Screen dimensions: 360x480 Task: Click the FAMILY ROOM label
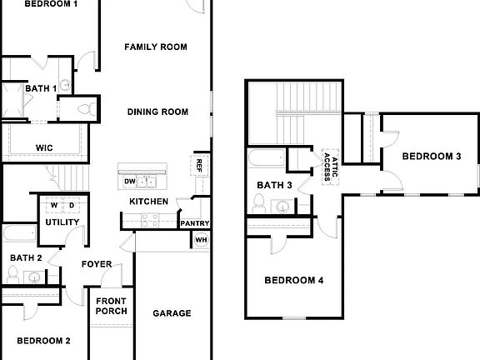[156, 47]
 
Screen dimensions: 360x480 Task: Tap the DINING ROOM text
[157, 112]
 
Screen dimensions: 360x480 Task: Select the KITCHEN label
[148, 202]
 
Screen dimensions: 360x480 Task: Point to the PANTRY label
[194, 223]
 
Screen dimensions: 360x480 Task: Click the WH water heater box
[201, 240]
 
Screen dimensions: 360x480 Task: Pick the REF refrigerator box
[200, 165]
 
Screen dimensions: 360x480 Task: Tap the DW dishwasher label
[129, 182]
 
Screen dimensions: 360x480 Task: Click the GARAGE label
[172, 313]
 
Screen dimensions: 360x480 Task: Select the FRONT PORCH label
[112, 306]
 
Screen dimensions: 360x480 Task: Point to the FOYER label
[97, 264]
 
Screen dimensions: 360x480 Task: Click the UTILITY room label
[62, 222]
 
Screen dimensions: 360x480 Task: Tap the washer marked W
[54, 205]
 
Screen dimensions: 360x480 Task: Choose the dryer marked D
[71, 205]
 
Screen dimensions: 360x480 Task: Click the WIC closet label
[45, 147]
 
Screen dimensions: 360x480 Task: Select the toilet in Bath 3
[260, 202]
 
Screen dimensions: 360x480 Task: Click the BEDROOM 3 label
[432, 156]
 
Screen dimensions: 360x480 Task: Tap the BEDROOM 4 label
[293, 280]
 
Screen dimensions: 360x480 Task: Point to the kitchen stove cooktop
[150, 220]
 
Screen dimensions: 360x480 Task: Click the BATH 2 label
[21, 257]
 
